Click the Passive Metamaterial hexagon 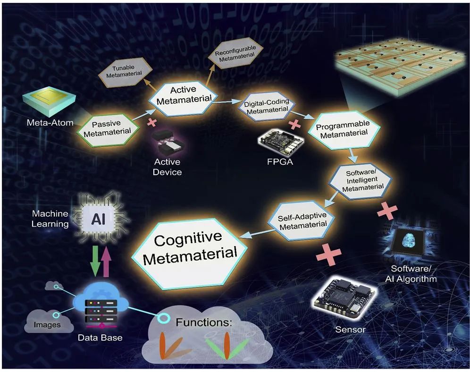pyautogui.click(x=108, y=129)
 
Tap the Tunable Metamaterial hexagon pyautogui.click(x=125, y=71)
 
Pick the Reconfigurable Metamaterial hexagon pyautogui.click(x=236, y=53)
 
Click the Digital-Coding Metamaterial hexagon pyautogui.click(x=267, y=106)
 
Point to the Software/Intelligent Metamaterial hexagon pyautogui.click(x=361, y=181)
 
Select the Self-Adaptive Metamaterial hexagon pyautogui.click(x=301, y=221)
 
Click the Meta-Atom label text pyautogui.click(x=50, y=123)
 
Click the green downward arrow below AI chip pyautogui.click(x=96, y=261)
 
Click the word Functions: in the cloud pyautogui.click(x=204, y=322)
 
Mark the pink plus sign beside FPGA pyautogui.click(x=294, y=124)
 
